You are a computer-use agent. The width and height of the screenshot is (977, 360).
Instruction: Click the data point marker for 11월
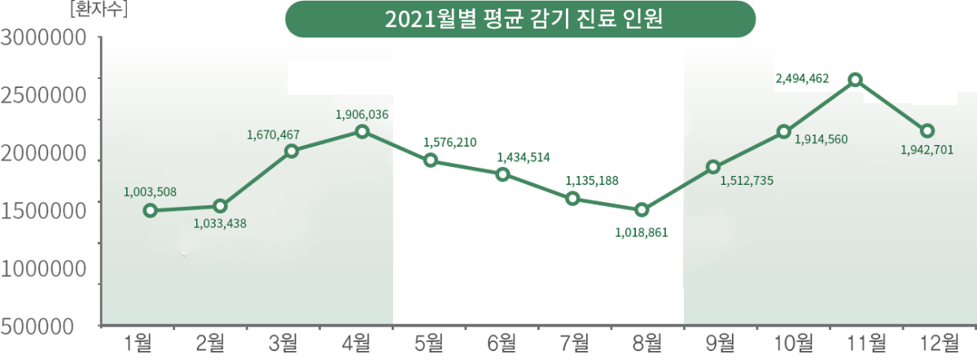(855, 80)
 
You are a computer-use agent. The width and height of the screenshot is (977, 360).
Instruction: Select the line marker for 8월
(642, 210)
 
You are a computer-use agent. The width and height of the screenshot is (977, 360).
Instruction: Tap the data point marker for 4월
(361, 132)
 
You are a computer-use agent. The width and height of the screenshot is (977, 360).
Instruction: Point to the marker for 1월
(150, 211)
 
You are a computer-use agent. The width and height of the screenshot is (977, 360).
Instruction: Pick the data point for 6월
(502, 174)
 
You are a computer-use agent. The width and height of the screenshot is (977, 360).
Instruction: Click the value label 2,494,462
(802, 79)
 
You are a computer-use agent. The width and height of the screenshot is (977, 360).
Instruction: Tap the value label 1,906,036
(361, 115)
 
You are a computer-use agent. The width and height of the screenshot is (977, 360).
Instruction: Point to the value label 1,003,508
(150, 192)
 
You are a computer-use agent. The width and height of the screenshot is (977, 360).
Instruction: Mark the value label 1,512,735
(747, 180)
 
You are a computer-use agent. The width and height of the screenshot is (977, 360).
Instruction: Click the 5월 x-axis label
(430, 343)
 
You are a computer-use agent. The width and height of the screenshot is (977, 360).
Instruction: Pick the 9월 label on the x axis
(719, 343)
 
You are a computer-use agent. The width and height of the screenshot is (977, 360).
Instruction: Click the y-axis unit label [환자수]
(100, 11)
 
